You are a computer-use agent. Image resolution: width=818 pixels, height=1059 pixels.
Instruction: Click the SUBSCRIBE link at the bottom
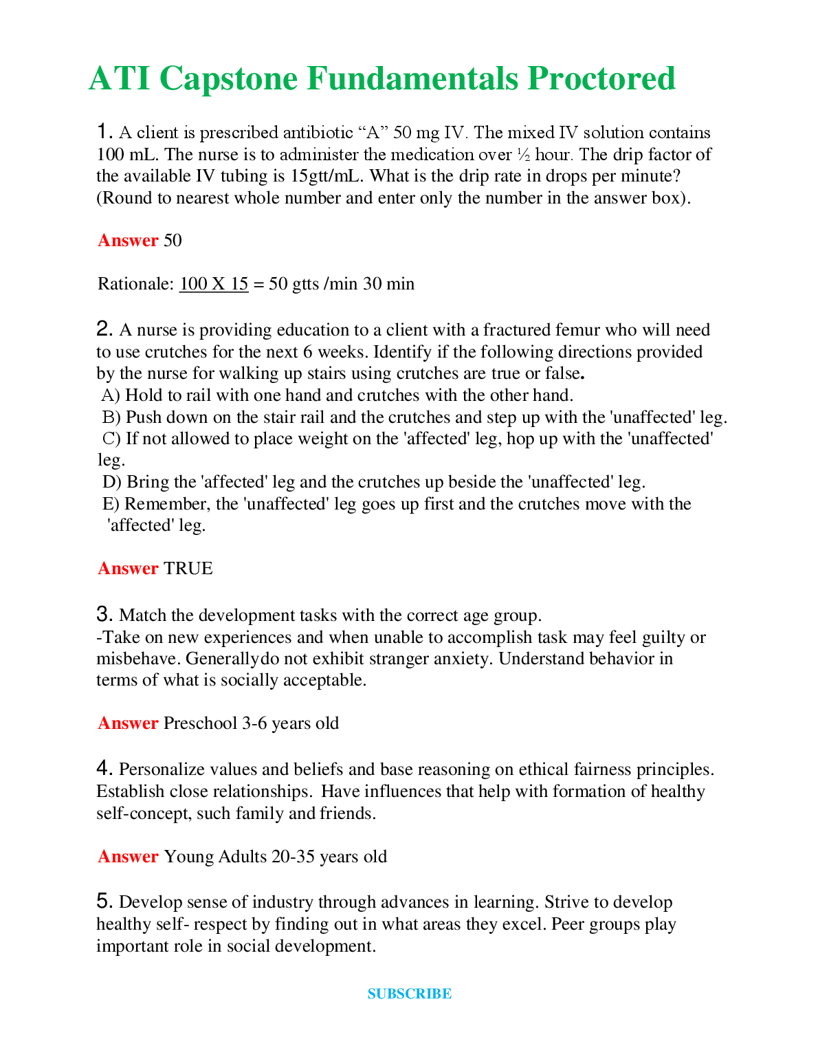coord(409,994)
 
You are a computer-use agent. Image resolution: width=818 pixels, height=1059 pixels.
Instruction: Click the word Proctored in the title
coord(601,78)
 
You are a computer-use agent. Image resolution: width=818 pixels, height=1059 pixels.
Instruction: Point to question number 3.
coord(104,613)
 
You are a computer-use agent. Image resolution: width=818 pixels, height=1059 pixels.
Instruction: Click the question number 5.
coord(104,901)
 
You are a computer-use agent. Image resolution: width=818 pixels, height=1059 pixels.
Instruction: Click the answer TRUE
coord(188,569)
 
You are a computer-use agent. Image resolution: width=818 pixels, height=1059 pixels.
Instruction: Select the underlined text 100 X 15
coord(214,284)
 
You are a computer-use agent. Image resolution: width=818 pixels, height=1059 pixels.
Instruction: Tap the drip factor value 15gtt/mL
coord(327,176)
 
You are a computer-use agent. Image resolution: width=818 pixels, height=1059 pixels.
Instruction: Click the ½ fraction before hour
coord(524,155)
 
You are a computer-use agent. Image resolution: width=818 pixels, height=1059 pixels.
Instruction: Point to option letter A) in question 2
coord(111,395)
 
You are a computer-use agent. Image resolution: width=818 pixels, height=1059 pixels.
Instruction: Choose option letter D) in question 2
coord(111,482)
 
